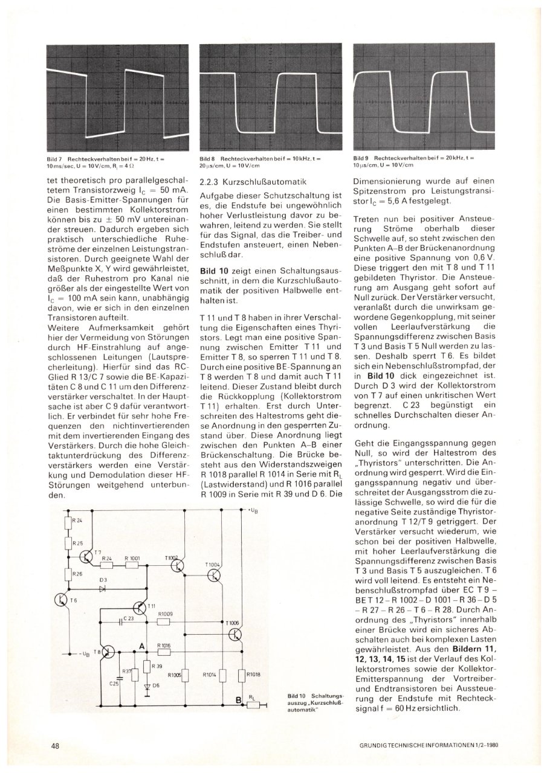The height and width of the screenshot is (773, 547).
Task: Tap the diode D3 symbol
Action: tap(103, 588)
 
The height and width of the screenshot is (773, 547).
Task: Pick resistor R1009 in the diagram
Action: tap(165, 621)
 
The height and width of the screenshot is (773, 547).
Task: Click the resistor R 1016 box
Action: tap(164, 652)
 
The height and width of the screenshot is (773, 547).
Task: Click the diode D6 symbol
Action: tap(146, 686)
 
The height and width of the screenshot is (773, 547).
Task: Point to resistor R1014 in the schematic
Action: tap(222, 675)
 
